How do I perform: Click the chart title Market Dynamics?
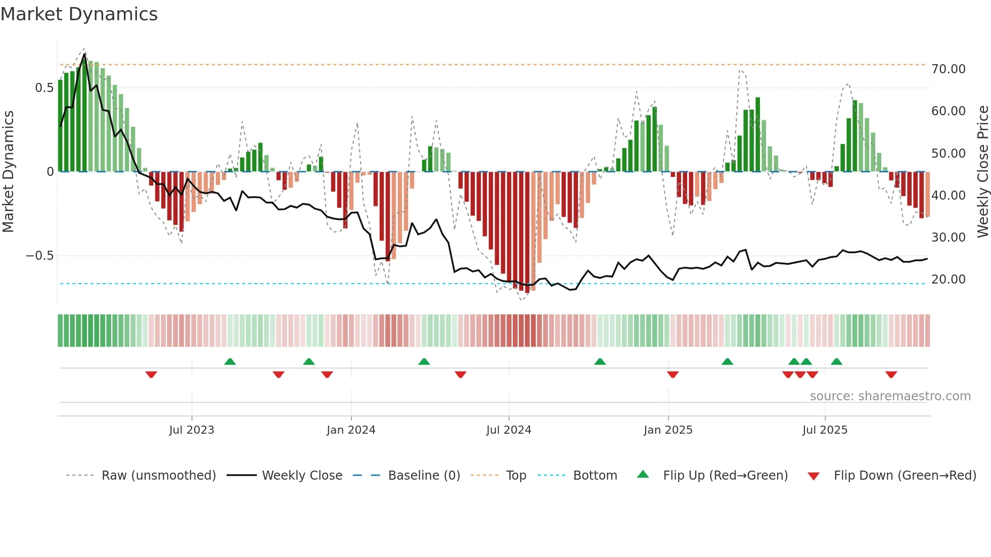[79, 14]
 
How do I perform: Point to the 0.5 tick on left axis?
[44, 88]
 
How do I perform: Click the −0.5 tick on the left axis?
[40, 256]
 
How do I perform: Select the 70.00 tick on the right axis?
[948, 69]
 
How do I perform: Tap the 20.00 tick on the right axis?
[948, 280]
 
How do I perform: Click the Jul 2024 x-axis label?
[509, 430]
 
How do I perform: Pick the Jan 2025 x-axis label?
[668, 430]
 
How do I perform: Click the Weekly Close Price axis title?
[982, 172]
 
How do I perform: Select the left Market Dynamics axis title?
[8, 172]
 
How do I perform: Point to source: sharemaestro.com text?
[890, 396]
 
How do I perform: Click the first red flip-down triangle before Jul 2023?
[151, 375]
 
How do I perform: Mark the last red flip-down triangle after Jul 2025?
[891, 375]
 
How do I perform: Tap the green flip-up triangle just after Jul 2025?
[836, 361]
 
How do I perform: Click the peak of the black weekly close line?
[84, 54]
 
